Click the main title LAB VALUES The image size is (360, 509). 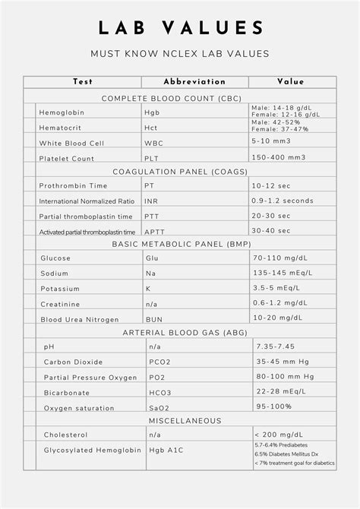tap(180, 28)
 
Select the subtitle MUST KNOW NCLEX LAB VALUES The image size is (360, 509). tap(180, 54)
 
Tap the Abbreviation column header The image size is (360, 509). tap(194, 82)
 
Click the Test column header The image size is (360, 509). tap(83, 82)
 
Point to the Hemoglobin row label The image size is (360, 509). tap(62, 112)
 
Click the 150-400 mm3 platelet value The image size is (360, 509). tap(278, 157)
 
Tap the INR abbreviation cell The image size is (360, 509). tap(151, 201)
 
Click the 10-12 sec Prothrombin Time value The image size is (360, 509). tap(271, 185)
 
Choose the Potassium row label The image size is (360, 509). tap(60, 289)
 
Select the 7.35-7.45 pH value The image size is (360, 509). tap(276, 346)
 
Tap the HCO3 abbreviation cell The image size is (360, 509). tap(161, 393)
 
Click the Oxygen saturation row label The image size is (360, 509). tap(78, 408)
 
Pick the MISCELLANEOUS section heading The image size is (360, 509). tap(185, 420)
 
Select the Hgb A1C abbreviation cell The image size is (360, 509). tap(166, 451)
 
